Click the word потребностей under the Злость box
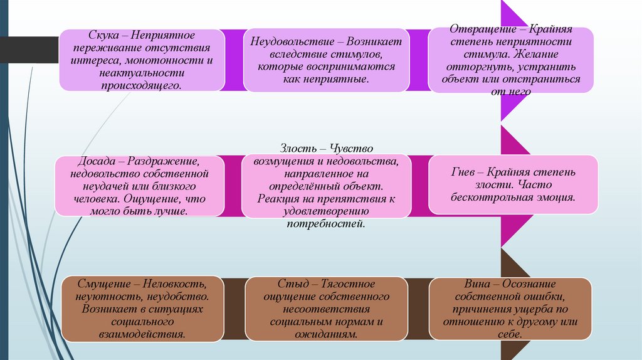325,223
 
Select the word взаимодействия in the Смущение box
141,334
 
